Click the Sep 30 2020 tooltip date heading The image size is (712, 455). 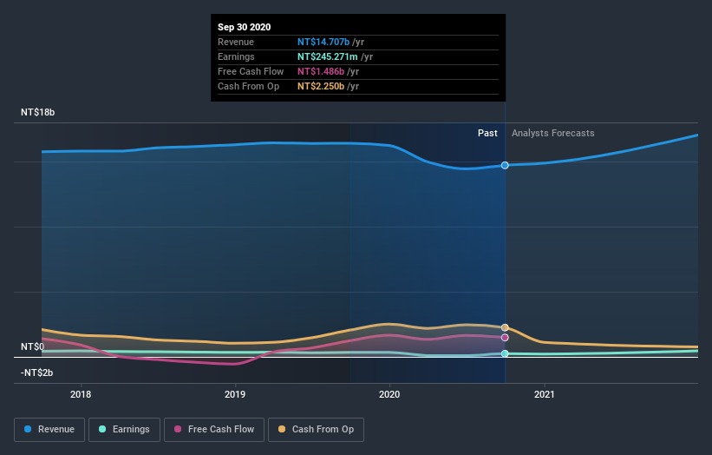244,27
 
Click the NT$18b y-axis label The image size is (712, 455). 37,113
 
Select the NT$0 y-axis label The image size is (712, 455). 32,346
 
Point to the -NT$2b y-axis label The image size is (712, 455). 36,373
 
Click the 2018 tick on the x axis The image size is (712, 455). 81,393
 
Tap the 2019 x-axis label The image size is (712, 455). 235,393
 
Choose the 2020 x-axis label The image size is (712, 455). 389,393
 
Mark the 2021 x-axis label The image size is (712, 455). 545,393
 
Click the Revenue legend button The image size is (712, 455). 49,429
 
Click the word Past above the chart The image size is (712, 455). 487,133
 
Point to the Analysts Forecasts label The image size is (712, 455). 553,133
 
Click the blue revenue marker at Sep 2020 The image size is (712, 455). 505,165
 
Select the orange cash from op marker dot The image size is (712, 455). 505,327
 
